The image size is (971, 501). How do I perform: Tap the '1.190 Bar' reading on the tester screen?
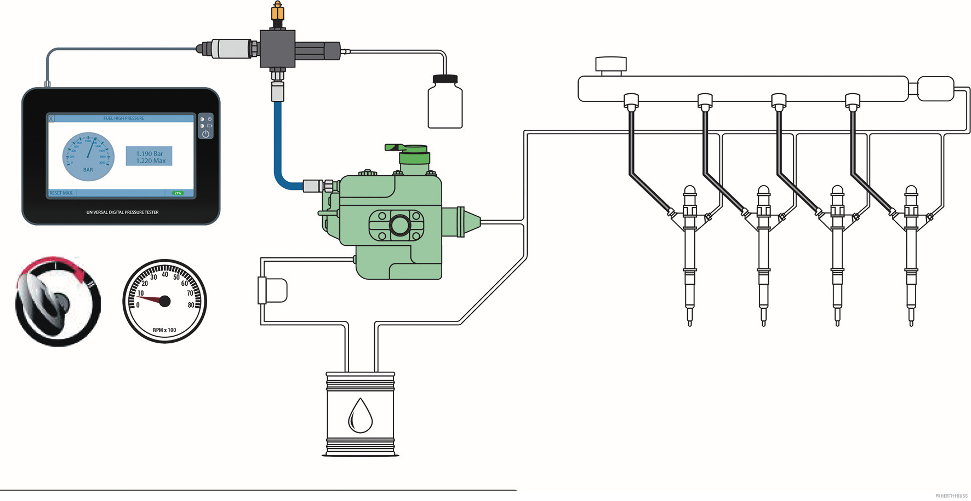(x=149, y=153)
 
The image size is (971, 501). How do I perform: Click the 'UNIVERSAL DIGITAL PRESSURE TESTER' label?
(x=122, y=212)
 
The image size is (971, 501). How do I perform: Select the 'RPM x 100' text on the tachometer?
(x=164, y=330)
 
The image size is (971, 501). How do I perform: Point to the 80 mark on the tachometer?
(x=191, y=305)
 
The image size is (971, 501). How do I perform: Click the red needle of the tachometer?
(x=153, y=300)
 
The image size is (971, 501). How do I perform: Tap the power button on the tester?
(x=205, y=133)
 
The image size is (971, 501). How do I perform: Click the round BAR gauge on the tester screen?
(x=88, y=157)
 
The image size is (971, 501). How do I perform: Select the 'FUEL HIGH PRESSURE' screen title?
(x=124, y=118)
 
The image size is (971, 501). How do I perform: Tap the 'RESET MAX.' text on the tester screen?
(x=61, y=193)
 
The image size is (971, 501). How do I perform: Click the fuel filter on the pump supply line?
(x=272, y=290)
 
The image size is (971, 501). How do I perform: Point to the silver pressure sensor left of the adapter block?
(x=233, y=49)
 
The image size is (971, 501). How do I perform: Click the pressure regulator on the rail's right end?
(x=935, y=89)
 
